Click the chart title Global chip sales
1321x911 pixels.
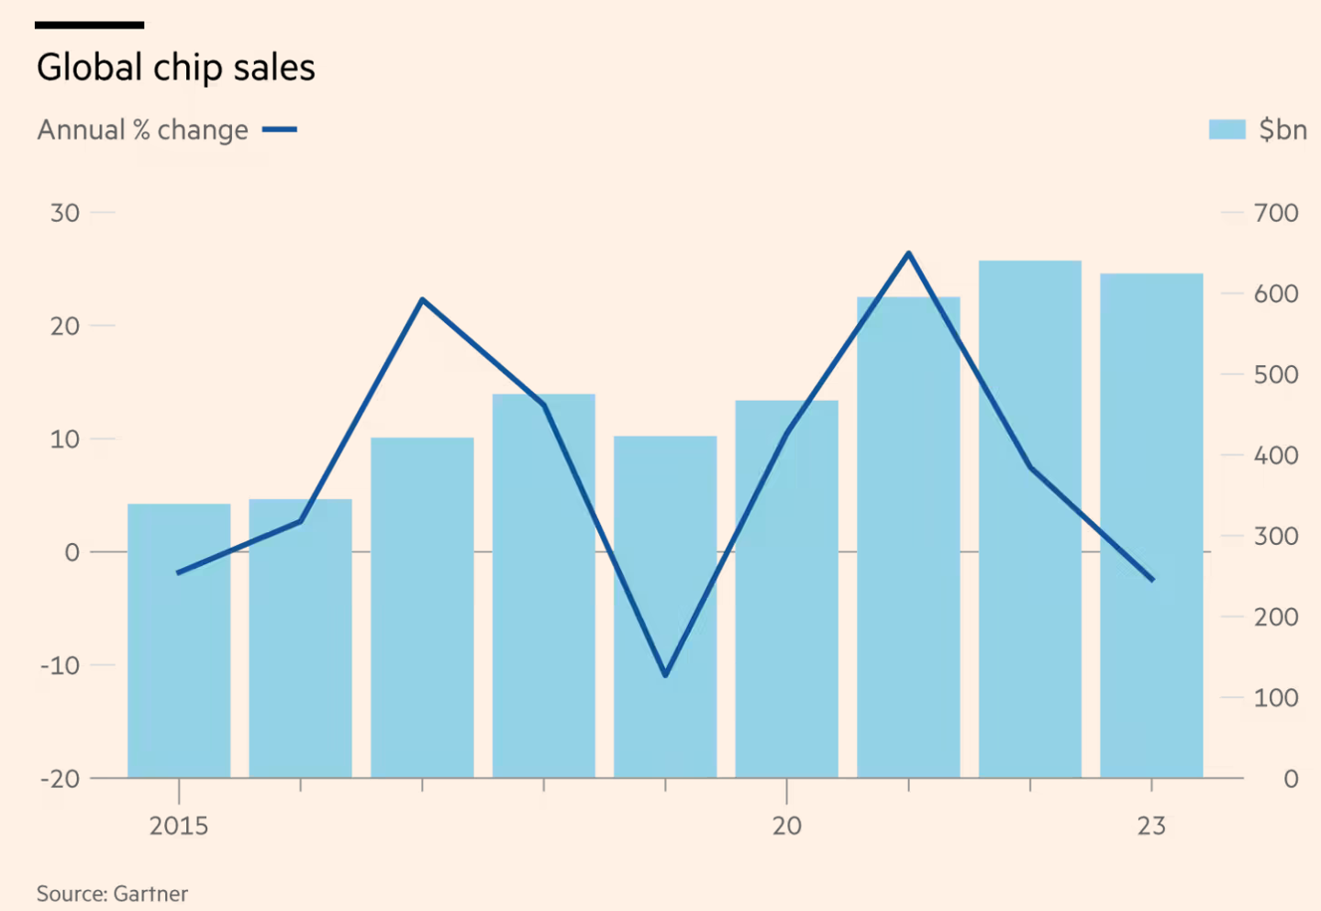tap(175, 68)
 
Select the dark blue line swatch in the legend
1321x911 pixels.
tap(279, 129)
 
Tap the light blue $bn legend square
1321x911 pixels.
tap(1227, 129)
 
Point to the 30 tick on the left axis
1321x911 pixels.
tap(65, 213)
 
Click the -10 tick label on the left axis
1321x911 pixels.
tap(60, 665)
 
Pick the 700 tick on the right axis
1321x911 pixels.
tap(1276, 213)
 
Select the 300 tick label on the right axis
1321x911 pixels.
tap(1276, 536)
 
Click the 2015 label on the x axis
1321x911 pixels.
tap(179, 826)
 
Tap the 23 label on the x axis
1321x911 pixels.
tap(1151, 826)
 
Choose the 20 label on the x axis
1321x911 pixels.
tap(787, 826)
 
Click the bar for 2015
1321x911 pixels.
tap(179, 642)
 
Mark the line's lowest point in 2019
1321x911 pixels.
tap(665, 675)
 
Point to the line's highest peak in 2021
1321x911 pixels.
tap(908, 253)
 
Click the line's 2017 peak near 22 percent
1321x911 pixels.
tap(422, 299)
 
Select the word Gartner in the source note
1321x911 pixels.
tap(150, 894)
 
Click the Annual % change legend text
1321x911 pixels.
tap(142, 130)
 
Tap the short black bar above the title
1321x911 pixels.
tap(89, 25)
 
